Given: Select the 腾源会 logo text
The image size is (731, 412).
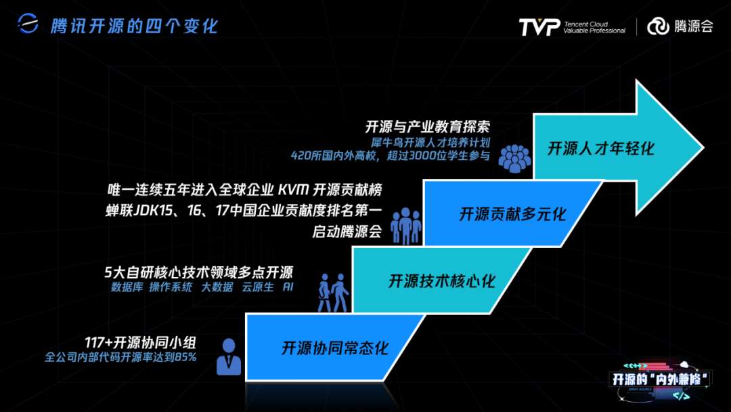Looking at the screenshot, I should pyautogui.click(x=693, y=27).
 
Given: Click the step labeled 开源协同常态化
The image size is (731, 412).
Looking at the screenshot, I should pyautogui.click(x=335, y=349).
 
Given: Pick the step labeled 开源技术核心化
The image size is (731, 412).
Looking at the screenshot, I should pyautogui.click(x=441, y=281).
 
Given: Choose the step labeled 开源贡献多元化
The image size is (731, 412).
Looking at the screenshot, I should pyautogui.click(x=512, y=214).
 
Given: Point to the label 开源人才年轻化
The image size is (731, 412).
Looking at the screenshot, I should pyautogui.click(x=601, y=148).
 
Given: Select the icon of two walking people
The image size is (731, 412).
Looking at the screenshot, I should pyautogui.click(x=332, y=292).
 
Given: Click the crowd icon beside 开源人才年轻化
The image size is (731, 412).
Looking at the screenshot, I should pyautogui.click(x=515, y=157).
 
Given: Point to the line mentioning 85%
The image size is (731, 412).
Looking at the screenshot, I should pyautogui.click(x=120, y=356).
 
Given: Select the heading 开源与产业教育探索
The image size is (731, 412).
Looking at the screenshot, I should pyautogui.click(x=427, y=127).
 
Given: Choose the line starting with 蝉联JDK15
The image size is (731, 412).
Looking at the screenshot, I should pyautogui.click(x=244, y=210).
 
